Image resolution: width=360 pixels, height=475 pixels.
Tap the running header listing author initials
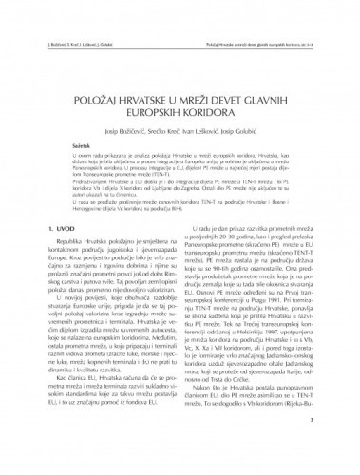pos(62,16)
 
